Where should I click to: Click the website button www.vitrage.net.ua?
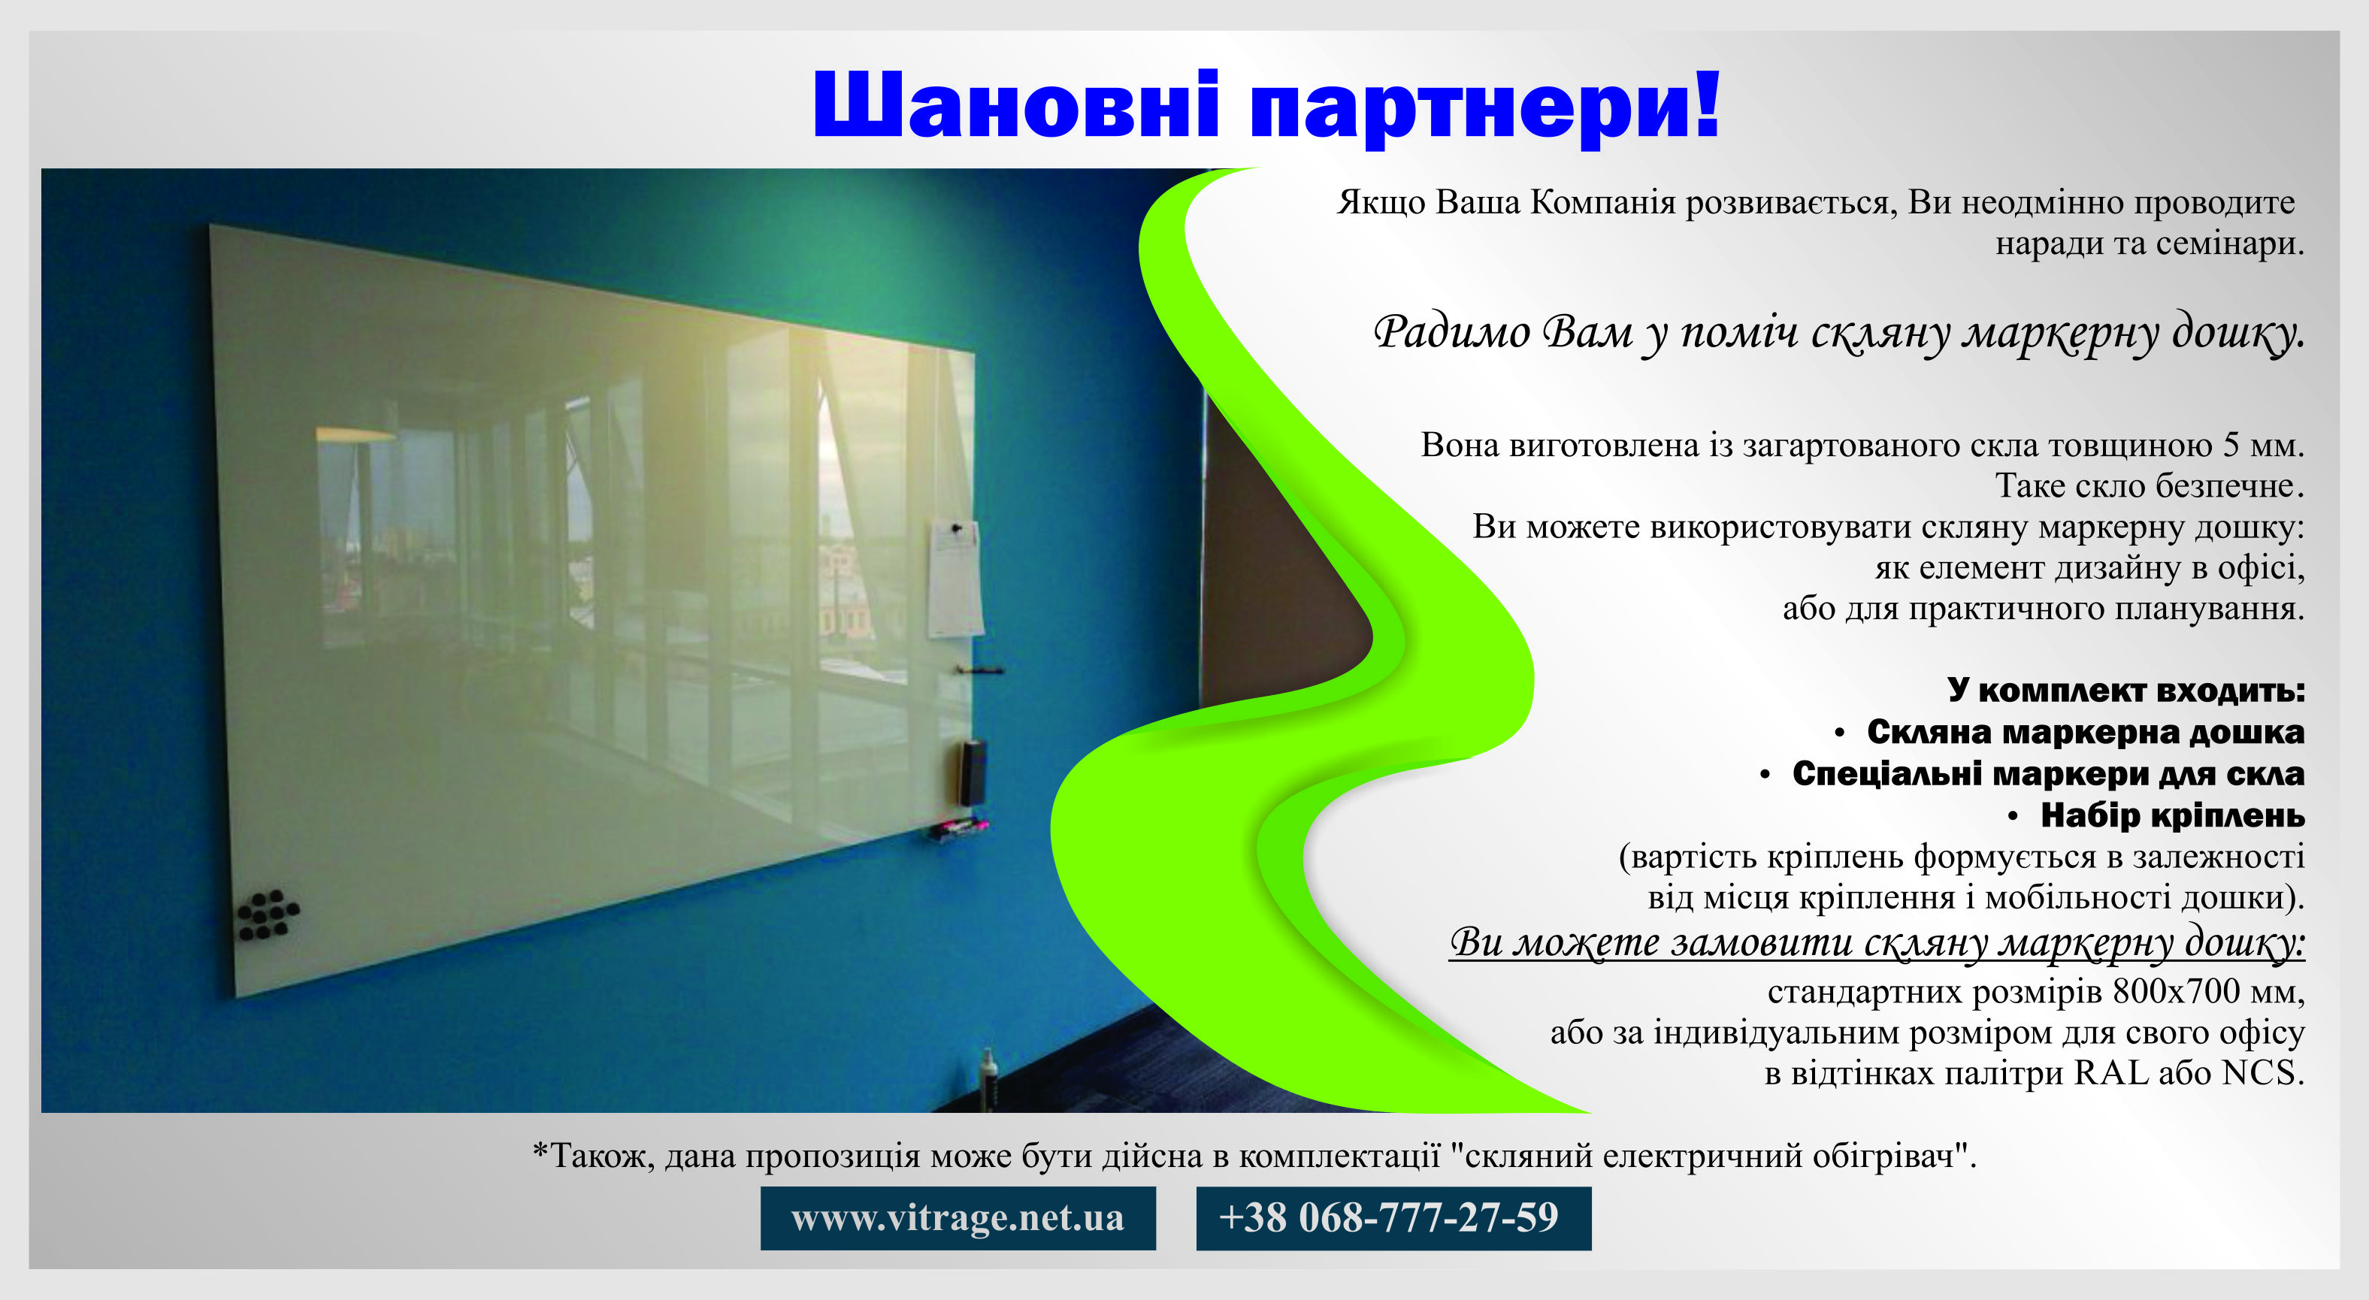[958, 1217]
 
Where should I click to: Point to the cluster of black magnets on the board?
[267, 915]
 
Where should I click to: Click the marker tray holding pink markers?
[958, 830]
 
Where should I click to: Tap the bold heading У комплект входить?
[2125, 690]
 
